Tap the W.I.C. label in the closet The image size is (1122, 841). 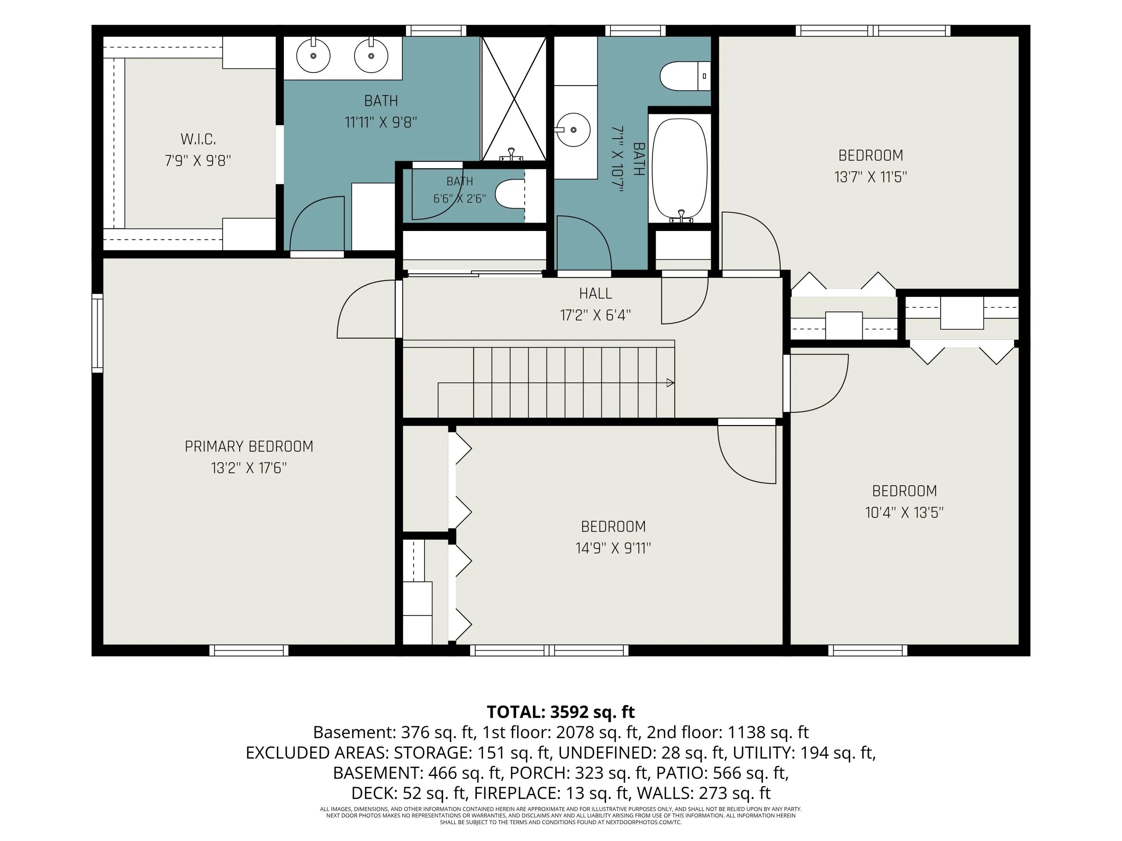198,139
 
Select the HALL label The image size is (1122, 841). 595,293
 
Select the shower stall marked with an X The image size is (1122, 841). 514,98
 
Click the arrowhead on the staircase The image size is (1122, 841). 670,383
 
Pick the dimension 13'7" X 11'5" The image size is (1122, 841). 870,177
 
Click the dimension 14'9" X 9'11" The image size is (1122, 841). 613,548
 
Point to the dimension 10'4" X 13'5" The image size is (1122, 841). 904,512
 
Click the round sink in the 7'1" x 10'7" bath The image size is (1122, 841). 573,130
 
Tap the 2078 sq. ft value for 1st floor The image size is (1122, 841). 598,733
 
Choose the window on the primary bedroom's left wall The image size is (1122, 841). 97,333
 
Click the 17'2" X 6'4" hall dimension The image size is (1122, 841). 595,315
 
